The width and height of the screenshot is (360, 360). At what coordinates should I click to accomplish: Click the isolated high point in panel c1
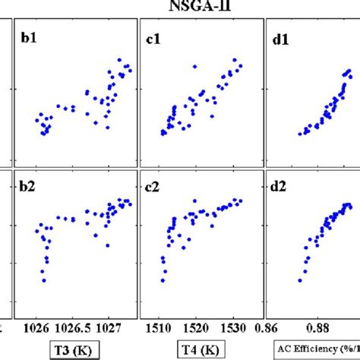tap(195, 67)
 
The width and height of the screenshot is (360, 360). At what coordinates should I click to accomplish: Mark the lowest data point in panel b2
tap(44, 280)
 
